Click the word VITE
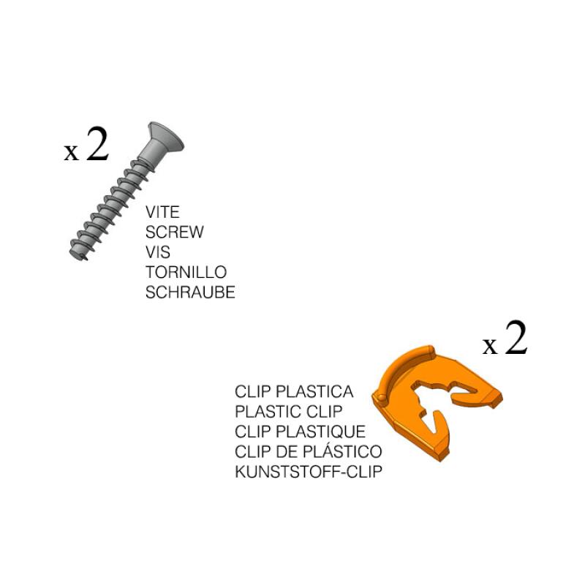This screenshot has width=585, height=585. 163,213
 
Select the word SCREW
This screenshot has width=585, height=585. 175,233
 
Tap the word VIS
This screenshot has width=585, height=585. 158,252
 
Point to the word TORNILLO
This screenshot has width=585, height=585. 186,272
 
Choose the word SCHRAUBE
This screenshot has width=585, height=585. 190,292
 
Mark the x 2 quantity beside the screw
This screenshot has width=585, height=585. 86,146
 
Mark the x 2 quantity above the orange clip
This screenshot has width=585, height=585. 505,340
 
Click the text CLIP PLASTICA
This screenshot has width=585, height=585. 294,391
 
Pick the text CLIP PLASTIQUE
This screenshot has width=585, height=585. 300,431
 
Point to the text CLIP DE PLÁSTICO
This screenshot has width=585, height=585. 308,451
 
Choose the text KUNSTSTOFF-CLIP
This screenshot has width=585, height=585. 308,471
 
